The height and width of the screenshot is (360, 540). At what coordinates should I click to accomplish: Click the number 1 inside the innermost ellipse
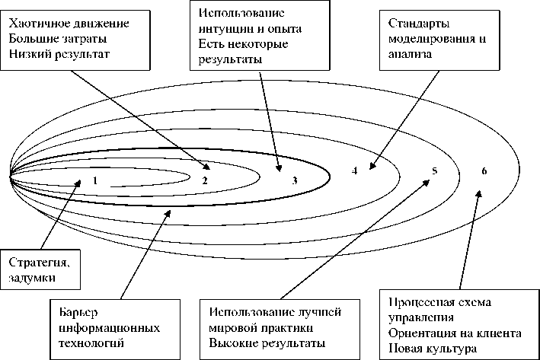94,181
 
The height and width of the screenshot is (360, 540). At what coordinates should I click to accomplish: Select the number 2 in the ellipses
205,181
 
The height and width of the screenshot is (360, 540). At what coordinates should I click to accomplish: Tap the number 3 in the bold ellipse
295,181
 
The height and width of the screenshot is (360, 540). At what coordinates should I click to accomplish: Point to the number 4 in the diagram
355,170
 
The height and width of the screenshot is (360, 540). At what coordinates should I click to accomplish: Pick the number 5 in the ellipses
433,171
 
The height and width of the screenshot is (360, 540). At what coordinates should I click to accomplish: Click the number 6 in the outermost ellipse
484,170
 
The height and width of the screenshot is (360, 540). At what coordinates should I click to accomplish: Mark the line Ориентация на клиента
454,333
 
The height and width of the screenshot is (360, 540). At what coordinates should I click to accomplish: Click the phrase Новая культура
431,349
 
